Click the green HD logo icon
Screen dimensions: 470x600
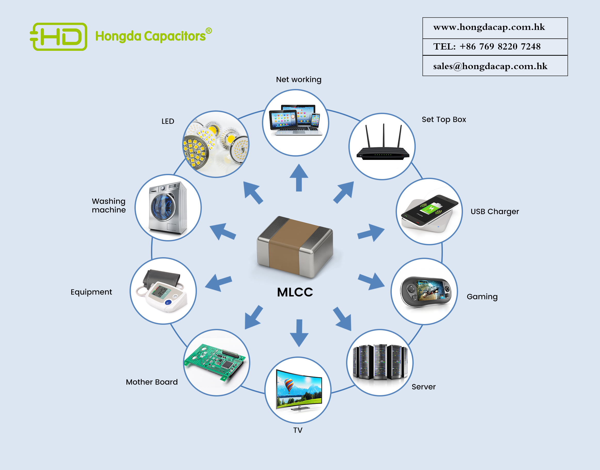(x=59, y=37)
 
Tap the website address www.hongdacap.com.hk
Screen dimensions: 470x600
(x=489, y=27)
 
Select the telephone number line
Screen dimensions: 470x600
(x=487, y=46)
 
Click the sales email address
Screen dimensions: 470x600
(x=490, y=66)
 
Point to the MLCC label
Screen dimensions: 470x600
(x=295, y=292)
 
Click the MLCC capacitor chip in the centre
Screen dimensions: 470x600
(x=295, y=247)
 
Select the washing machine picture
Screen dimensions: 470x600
(x=168, y=208)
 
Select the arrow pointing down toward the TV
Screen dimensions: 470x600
(x=299, y=333)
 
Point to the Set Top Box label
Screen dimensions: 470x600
(x=444, y=119)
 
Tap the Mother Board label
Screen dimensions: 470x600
(x=152, y=382)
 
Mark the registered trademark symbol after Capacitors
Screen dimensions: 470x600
(x=209, y=31)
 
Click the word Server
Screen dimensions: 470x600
(x=423, y=387)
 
